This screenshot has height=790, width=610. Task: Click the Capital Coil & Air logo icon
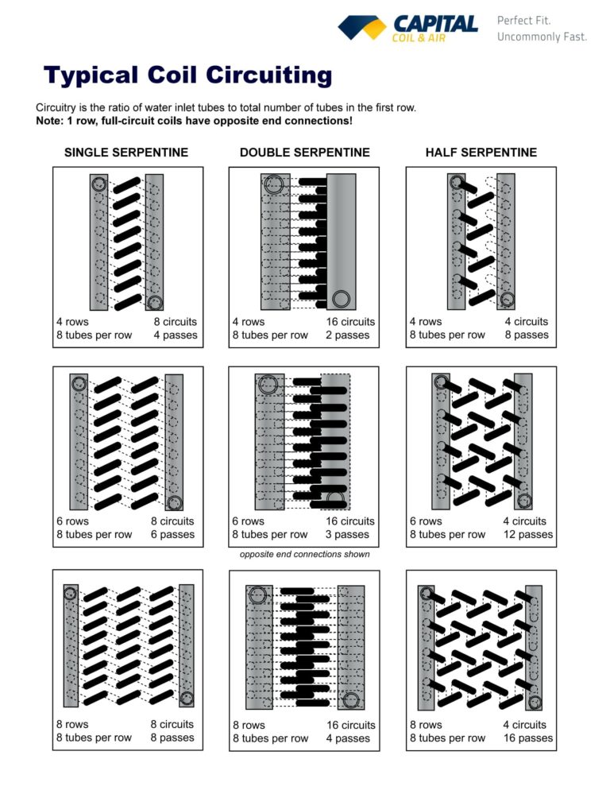click(x=362, y=28)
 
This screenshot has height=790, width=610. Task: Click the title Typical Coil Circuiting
click(x=188, y=76)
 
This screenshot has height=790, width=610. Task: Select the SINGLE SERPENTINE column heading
click(x=126, y=152)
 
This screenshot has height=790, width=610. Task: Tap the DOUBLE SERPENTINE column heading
click(x=304, y=152)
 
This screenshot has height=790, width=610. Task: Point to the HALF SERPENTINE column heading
click(x=481, y=152)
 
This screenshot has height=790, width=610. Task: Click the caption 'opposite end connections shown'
click(x=304, y=554)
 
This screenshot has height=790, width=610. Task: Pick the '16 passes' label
click(x=528, y=738)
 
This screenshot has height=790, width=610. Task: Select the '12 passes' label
click(x=528, y=534)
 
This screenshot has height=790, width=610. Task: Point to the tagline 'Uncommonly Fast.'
click(x=542, y=37)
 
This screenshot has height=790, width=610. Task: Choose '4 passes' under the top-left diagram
click(x=175, y=335)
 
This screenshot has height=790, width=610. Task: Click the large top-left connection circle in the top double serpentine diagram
click(x=275, y=184)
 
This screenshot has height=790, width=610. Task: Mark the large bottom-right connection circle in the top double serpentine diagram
click(x=342, y=299)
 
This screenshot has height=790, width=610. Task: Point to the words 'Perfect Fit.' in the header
click(x=523, y=20)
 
